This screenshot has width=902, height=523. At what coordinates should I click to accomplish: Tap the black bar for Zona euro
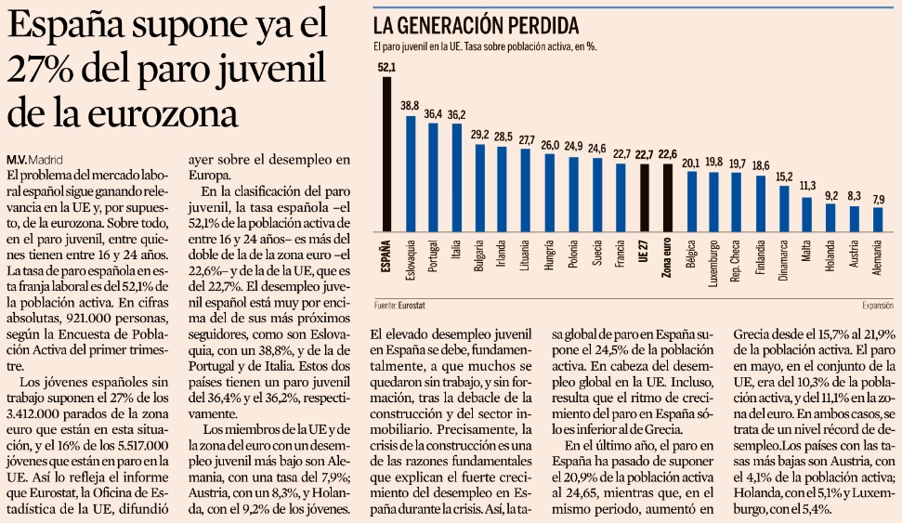(x=666, y=198)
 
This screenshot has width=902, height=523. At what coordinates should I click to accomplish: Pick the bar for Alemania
(x=878, y=219)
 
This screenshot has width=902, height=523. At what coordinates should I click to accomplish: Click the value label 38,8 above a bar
(x=410, y=106)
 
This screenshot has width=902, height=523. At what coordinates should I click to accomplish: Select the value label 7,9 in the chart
(x=878, y=199)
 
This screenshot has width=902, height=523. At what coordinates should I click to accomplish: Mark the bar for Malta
(x=807, y=215)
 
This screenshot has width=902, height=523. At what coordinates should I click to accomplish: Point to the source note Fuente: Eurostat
(x=399, y=304)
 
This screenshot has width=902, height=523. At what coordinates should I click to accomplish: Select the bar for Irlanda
(x=503, y=189)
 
